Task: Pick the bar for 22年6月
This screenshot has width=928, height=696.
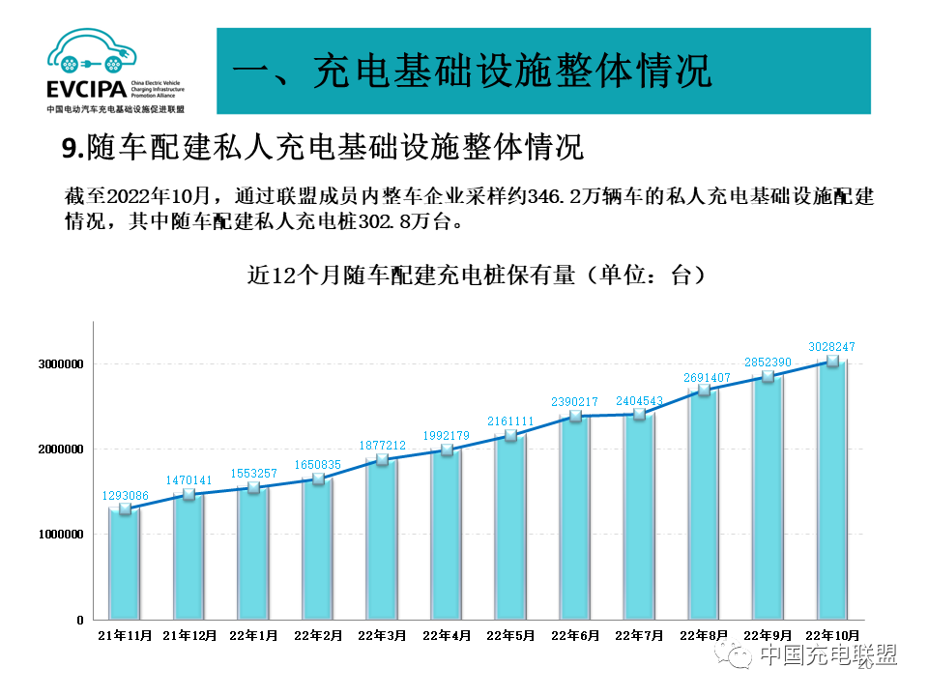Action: pos(575,517)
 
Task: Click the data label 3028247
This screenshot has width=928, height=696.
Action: pos(831,346)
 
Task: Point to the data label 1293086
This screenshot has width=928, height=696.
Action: pos(126,496)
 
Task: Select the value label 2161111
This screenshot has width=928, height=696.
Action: pos(510,421)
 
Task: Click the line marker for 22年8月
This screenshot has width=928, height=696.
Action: pos(704,391)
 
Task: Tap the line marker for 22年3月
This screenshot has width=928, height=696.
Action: pos(382,460)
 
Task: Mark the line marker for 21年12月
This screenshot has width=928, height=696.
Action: pos(189,494)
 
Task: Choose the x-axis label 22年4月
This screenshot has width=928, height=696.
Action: pos(447,635)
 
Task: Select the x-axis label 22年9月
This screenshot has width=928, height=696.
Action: pos(768,635)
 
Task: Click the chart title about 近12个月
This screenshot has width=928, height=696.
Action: pos(476,275)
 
